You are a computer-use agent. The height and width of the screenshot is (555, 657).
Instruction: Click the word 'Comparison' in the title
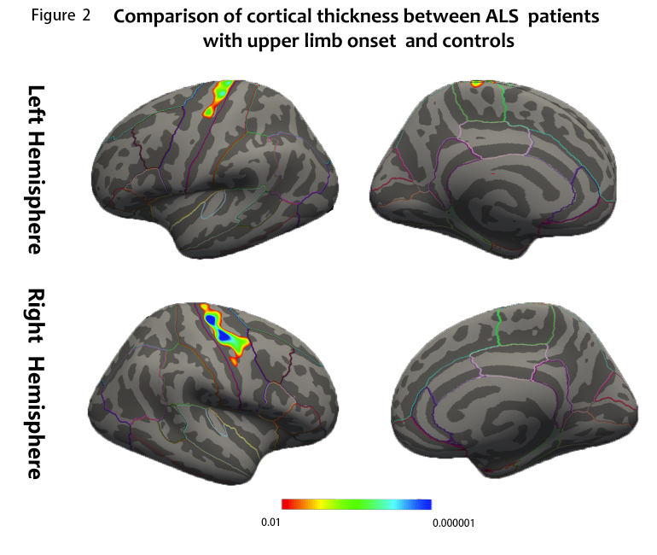click(x=161, y=18)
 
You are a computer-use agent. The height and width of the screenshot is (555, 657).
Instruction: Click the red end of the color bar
click(x=287, y=505)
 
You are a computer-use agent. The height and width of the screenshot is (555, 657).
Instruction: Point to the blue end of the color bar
click(x=427, y=505)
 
